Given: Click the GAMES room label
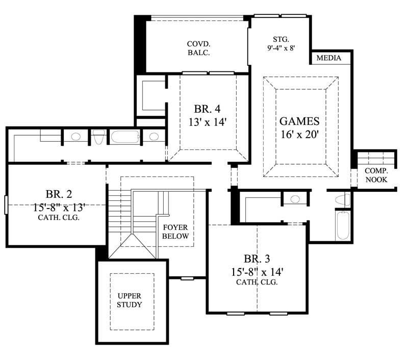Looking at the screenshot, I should [x=299, y=121].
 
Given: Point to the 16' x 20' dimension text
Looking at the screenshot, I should [x=299, y=136].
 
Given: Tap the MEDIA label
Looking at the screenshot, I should [x=329, y=58].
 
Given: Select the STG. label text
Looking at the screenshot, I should [x=281, y=39].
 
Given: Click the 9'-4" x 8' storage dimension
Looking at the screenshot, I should [x=281, y=48].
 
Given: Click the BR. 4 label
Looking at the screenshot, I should [x=208, y=109].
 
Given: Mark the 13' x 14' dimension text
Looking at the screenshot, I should [x=208, y=122].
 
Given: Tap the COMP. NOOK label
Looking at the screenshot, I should [x=376, y=175].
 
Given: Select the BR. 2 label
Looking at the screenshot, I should [x=59, y=194].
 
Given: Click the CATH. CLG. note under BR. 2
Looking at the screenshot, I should [x=59, y=217].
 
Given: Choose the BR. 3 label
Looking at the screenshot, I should [x=257, y=259].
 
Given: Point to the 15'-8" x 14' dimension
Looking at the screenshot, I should [x=257, y=271].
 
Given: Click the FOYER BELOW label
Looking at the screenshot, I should [x=176, y=232].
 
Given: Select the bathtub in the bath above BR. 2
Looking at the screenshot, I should [x=124, y=137].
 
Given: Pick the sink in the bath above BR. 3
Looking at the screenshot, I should [x=294, y=199].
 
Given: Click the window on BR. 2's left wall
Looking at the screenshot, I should [x=5, y=204].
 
